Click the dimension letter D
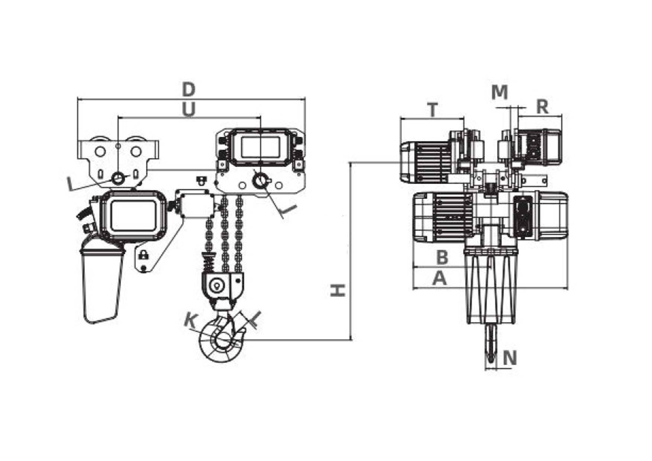[189, 90]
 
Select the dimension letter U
[188, 110]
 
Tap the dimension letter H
[338, 290]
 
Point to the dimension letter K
[191, 322]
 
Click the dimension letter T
[433, 110]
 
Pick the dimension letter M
[499, 92]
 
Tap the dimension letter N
[510, 358]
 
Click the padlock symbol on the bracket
[143, 255]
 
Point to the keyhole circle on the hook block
[216, 286]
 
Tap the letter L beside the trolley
[71, 184]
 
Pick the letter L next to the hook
[255, 319]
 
